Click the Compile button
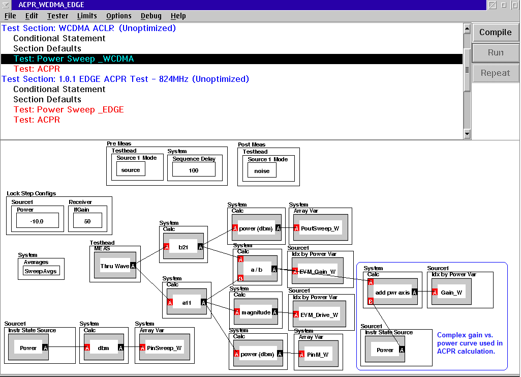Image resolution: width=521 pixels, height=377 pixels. tap(495, 32)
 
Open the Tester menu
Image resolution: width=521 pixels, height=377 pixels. tap(57, 16)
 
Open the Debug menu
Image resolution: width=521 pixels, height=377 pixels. tap(151, 16)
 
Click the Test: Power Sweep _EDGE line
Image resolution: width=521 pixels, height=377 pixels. tap(69, 110)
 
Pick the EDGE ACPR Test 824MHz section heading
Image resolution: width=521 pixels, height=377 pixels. tap(125, 79)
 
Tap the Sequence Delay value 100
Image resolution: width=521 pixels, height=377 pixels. tap(194, 170)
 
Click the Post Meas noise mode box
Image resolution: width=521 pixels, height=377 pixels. tap(262, 171)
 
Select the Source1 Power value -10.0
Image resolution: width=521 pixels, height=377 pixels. tap(38, 221)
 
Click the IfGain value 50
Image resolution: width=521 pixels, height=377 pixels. tap(87, 221)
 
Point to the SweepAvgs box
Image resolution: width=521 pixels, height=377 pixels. tap(41, 271)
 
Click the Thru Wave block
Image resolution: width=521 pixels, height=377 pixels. tap(115, 266)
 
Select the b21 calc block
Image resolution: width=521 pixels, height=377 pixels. tap(183, 247)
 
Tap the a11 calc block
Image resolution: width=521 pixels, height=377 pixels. tap(187, 302)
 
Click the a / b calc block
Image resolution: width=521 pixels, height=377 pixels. tap(257, 269)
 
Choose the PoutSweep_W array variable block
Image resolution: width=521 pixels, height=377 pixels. tap(320, 228)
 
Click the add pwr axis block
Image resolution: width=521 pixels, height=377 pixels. tap(392, 292)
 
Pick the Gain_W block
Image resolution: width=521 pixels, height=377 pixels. tap(451, 292)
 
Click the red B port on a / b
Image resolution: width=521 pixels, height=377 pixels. tap(240, 278)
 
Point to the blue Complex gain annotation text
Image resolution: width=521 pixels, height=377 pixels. tap(470, 343)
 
